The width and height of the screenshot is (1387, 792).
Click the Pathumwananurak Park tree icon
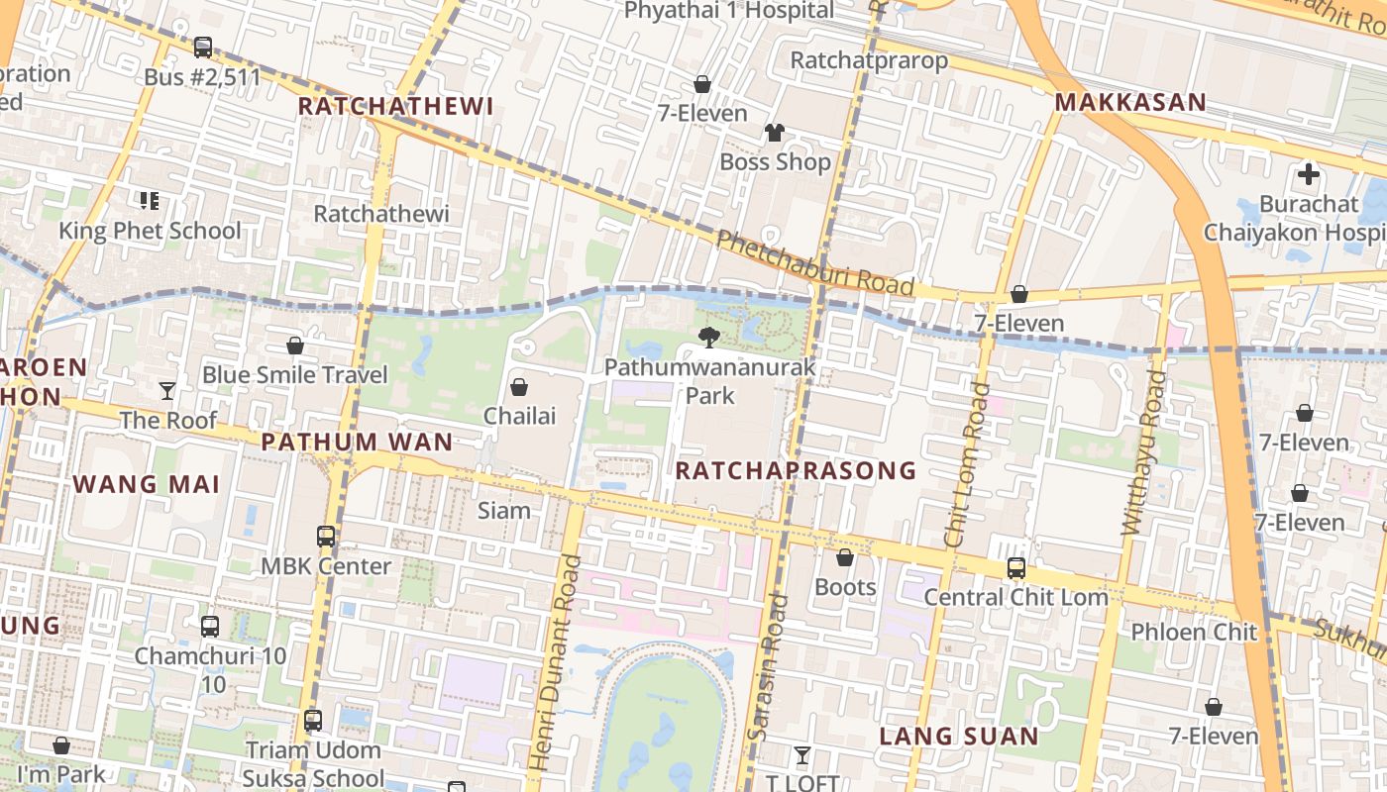[708, 338]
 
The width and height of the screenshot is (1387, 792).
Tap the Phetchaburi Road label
[813, 263]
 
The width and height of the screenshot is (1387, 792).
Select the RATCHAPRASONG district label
[796, 471]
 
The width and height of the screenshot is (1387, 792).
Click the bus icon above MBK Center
[326, 537]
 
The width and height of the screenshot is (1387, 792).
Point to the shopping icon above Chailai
[518, 387]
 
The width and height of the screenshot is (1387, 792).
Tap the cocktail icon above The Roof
[167, 391]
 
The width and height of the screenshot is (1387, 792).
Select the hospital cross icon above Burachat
[1309, 175]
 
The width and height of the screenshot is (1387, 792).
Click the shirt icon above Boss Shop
[774, 133]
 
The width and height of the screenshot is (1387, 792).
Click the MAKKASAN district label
[1130, 102]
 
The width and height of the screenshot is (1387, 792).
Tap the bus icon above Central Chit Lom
[1015, 568]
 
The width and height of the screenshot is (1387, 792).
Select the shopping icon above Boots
[845, 558]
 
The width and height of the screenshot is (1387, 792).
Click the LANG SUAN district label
[959, 736]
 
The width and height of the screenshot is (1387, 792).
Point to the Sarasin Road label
[771, 666]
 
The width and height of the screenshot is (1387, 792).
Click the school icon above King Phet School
[150, 202]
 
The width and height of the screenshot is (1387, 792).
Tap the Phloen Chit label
[1194, 632]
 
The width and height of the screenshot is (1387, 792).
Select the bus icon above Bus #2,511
[202, 48]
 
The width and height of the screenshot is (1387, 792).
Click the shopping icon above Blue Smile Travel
[294, 346]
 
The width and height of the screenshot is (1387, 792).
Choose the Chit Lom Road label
[967, 465]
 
